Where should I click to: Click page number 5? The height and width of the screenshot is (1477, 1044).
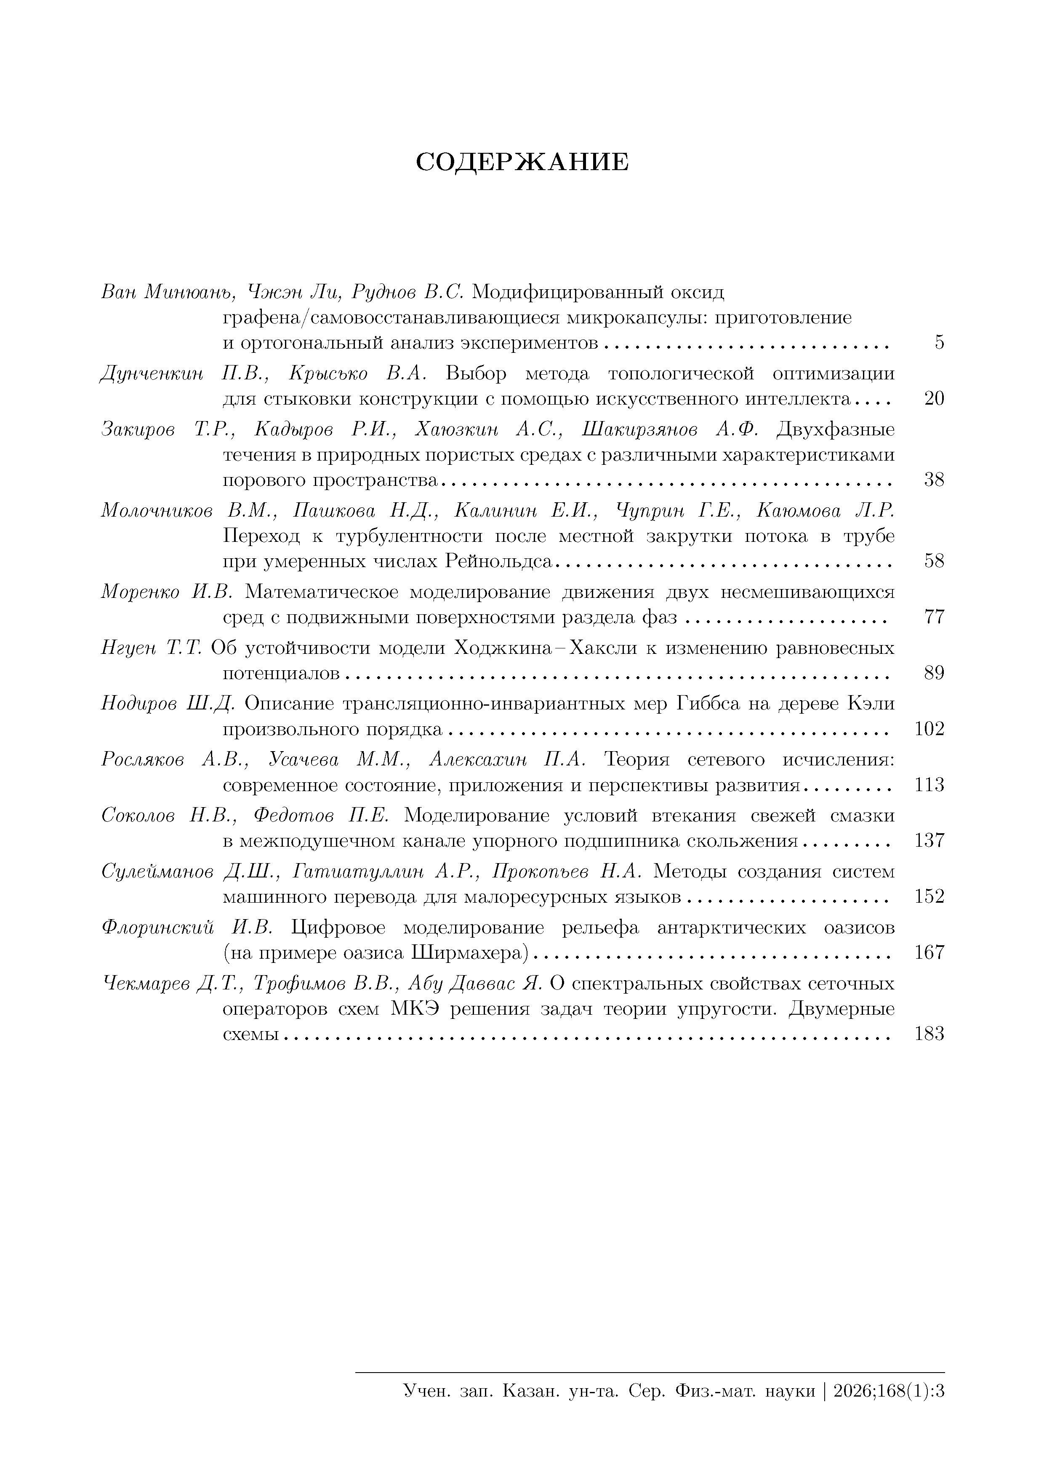939,343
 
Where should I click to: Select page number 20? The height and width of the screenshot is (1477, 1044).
934,399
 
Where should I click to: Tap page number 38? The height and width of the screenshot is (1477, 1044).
934,480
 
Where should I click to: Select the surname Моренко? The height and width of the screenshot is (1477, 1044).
140,592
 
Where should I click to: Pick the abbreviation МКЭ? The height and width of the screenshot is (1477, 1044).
415,1009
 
